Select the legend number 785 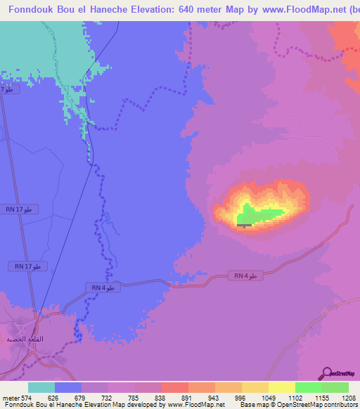click(x=134, y=397)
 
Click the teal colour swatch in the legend click(x=41, y=387)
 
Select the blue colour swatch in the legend click(x=68, y=387)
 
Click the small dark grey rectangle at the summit click(x=244, y=226)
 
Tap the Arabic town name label click(x=20, y=339)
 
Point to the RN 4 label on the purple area click(x=246, y=276)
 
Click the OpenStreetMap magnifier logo click(x=326, y=373)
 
